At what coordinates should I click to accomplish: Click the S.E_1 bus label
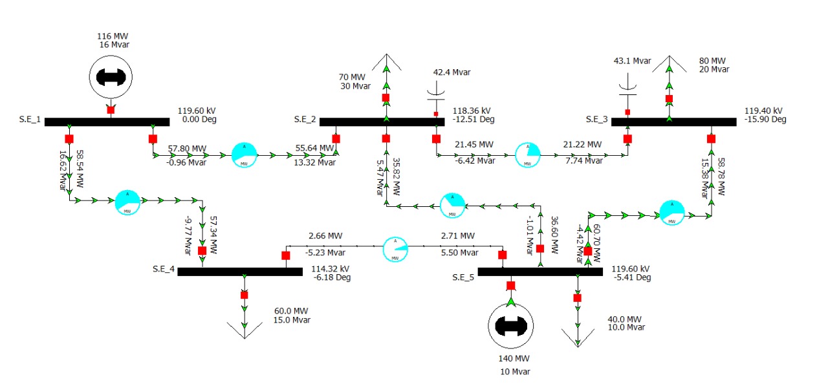(30, 120)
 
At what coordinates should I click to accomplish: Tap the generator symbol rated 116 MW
(111, 77)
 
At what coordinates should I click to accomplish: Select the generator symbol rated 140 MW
(510, 327)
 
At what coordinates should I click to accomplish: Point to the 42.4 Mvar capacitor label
(452, 72)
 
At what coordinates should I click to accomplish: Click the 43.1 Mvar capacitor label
(632, 61)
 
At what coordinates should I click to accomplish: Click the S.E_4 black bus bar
(239, 272)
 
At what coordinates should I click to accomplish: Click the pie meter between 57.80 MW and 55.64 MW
(245, 155)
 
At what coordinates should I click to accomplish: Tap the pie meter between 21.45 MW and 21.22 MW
(528, 155)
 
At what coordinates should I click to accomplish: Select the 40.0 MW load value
(625, 319)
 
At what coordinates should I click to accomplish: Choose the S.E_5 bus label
(464, 277)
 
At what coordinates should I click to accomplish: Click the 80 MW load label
(713, 61)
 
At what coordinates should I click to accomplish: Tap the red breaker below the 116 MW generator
(111, 110)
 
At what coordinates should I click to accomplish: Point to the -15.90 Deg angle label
(765, 120)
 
